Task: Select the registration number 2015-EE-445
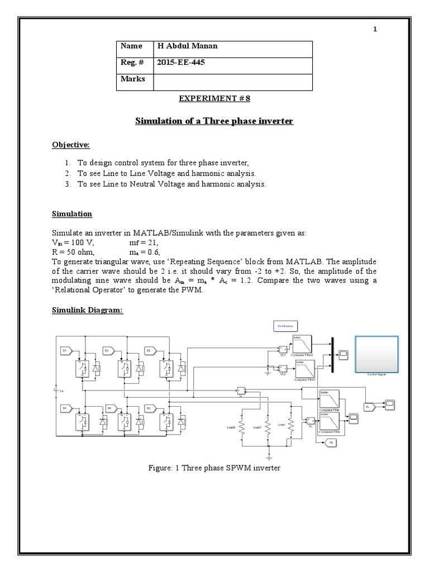point(181,63)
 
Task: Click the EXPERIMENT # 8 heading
point(214,99)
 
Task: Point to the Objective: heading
point(71,145)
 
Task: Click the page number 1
point(375,30)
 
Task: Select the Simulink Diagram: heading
point(87,310)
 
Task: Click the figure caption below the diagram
point(214,468)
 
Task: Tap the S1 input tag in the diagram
point(65,350)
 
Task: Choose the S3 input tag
point(107,350)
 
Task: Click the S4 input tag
point(65,408)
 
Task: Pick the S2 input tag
point(149,408)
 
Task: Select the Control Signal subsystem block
point(376,354)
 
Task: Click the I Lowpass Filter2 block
point(304,345)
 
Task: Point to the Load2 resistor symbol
point(241,428)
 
